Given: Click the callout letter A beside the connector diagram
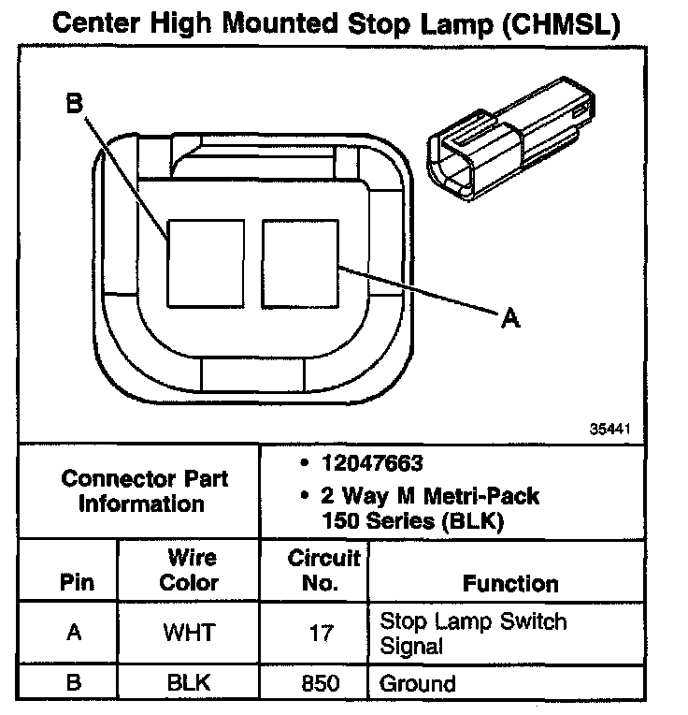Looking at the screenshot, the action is pos(509,319).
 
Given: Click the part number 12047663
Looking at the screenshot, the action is pos(372,464).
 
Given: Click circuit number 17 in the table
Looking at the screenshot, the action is pos(321,633).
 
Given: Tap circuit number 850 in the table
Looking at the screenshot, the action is pos(321,682).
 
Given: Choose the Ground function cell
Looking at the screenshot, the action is pos(417,682).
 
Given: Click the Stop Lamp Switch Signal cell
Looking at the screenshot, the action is pos(472,633).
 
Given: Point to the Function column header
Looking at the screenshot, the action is pos(510,584).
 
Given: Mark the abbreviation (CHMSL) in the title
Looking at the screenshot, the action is pos(560,23).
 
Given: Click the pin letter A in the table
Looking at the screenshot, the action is pos(73,633).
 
